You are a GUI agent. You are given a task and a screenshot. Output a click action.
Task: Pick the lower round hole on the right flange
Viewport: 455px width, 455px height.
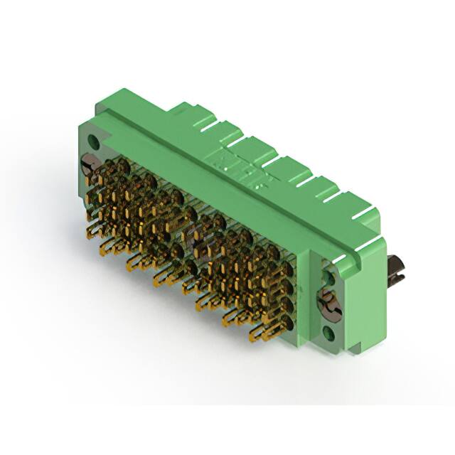328,331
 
